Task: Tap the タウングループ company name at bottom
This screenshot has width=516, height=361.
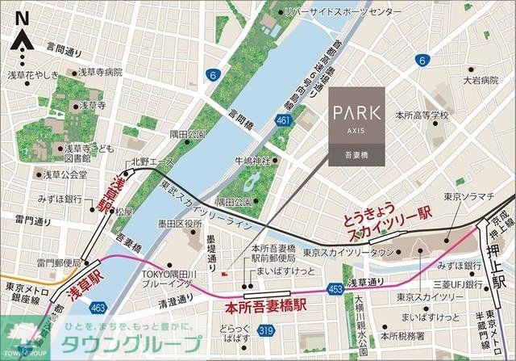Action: [131, 344]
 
